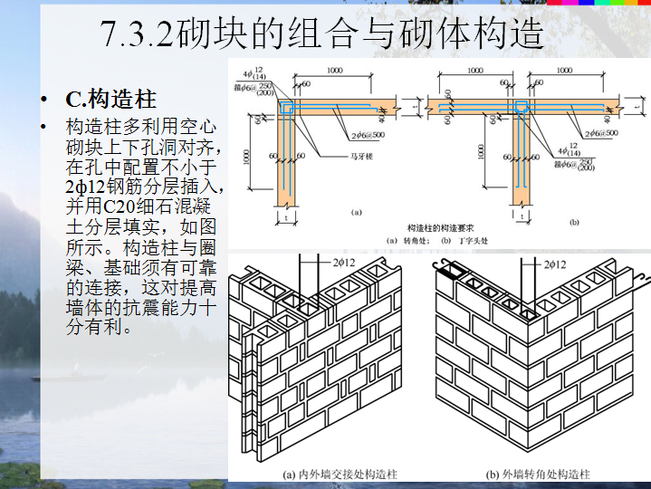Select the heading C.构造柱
point(101,100)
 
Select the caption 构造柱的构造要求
point(438,226)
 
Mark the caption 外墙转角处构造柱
point(544,474)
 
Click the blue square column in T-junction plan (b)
point(522,109)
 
